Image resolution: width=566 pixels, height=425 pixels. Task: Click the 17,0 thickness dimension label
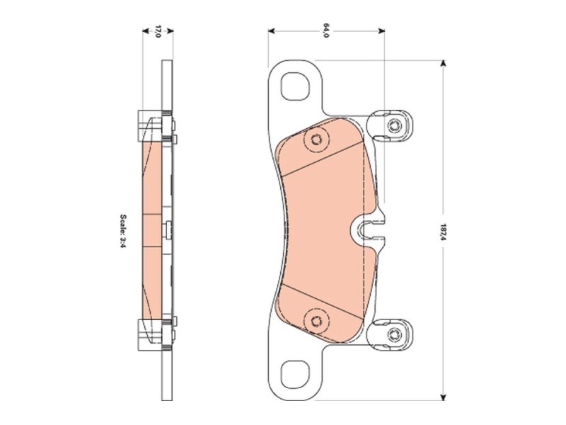158,31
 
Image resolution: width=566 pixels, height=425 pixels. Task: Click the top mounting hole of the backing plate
294,86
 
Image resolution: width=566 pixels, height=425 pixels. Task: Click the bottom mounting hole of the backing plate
294,371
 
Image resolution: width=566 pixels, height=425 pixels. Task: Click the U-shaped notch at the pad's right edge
366,228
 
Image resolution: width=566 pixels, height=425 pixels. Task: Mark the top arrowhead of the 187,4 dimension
444,63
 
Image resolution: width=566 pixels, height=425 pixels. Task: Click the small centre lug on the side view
167,228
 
